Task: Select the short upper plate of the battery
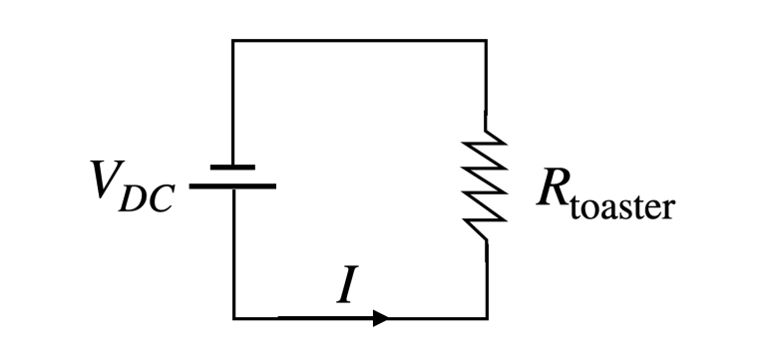[x=233, y=168]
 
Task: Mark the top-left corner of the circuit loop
[x=233, y=41]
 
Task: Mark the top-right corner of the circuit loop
[x=487, y=41]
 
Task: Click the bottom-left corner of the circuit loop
[x=233, y=319]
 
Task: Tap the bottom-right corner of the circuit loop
[x=487, y=319]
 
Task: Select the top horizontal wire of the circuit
[x=359, y=41]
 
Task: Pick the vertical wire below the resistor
[x=487, y=279]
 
